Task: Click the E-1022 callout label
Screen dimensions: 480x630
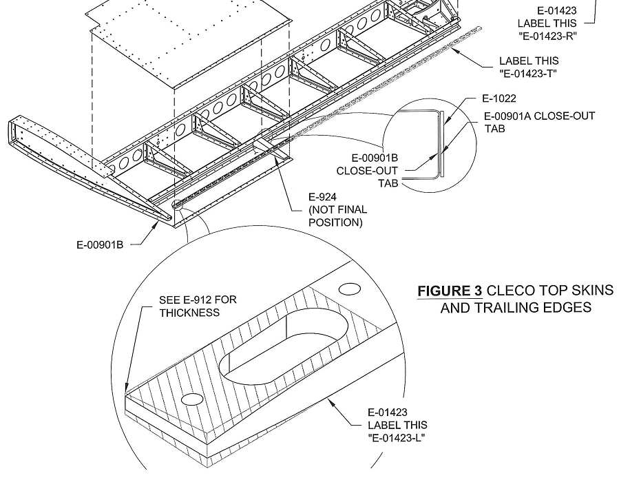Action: point(500,99)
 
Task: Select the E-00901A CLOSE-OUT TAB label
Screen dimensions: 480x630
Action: point(539,122)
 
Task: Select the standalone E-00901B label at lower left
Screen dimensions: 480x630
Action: point(100,244)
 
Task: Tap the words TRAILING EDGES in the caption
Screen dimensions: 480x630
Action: point(516,308)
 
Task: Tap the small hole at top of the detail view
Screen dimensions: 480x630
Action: point(351,287)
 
